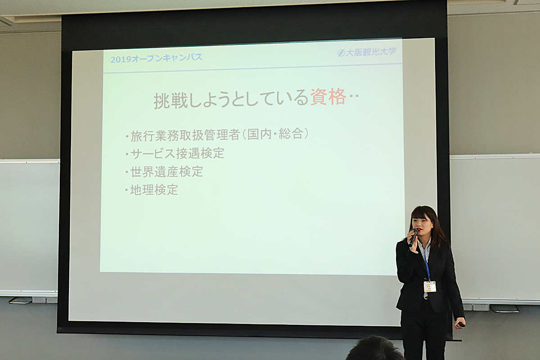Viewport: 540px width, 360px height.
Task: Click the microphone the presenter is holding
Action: [413, 237]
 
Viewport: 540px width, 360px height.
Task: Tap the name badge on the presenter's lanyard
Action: [430, 286]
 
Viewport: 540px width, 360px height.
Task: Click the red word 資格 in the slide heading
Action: [328, 97]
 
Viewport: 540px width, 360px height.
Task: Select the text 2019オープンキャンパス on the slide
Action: [156, 58]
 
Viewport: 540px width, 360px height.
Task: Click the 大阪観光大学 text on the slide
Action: [371, 52]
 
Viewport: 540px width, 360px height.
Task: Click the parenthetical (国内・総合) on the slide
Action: [275, 134]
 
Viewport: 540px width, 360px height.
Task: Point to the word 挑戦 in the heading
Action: [171, 101]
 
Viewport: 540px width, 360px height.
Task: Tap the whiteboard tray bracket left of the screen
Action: [21, 300]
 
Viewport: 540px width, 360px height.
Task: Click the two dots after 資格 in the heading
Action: [354, 96]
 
